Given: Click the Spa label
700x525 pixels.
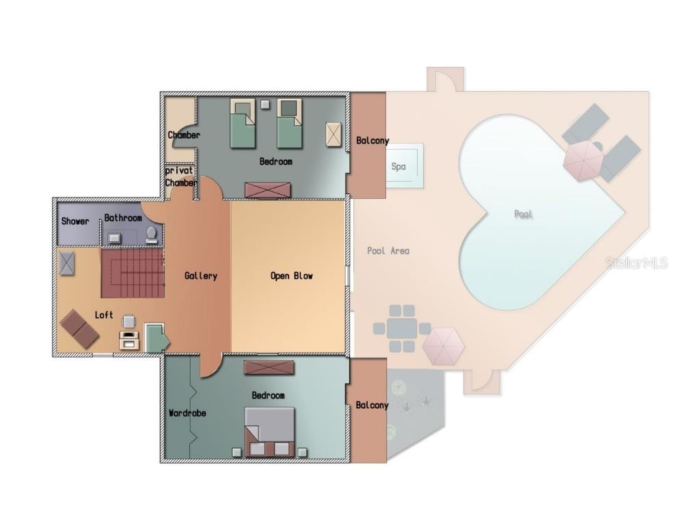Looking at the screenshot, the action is click(399, 167).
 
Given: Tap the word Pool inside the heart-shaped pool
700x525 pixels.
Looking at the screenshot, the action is click(523, 214).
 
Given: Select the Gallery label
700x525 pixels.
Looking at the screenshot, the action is click(201, 276).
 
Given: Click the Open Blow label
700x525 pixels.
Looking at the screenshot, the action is click(291, 276).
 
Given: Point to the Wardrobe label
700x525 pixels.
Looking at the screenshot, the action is click(187, 413).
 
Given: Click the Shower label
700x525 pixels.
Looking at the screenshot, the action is click(75, 221).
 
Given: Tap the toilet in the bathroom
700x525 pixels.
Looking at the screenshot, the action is click(151, 235).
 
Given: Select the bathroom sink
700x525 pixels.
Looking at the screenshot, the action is click(114, 238).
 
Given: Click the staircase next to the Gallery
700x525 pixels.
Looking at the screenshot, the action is click(133, 273).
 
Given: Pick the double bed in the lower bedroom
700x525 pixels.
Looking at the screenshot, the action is click(269, 432).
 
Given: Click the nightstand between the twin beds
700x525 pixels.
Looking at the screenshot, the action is click(265, 105).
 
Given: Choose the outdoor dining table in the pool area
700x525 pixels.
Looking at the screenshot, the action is click(402, 329).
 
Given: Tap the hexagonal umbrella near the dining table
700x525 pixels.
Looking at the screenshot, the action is click(443, 347).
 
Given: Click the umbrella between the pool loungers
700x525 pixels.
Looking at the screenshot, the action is click(583, 161).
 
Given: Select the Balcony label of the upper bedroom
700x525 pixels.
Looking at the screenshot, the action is click(373, 141).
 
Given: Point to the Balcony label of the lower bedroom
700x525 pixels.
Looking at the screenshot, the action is click(372, 405).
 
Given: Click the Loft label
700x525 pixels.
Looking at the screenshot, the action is click(104, 314).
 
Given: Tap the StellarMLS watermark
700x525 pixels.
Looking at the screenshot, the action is click(636, 263).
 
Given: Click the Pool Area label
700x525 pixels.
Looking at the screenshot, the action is click(388, 251).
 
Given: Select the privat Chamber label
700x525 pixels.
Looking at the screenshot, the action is click(180, 177).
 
